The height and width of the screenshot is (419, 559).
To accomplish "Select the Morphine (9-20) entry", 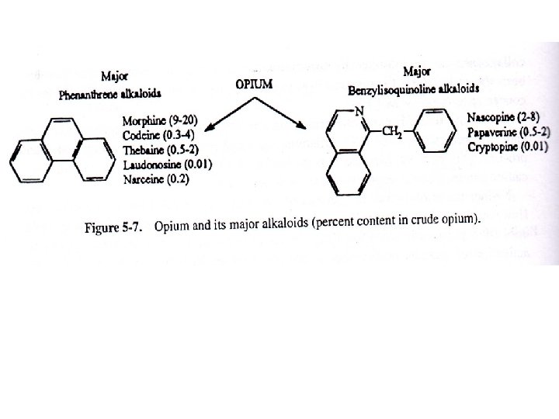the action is (161, 121).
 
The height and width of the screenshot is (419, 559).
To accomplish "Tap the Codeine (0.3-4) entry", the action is (159, 135).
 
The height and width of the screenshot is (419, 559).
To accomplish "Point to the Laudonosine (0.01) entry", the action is (168, 164).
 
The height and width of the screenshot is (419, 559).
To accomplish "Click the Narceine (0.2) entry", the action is (156, 179).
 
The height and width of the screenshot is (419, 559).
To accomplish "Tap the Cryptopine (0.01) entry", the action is (508, 146).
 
